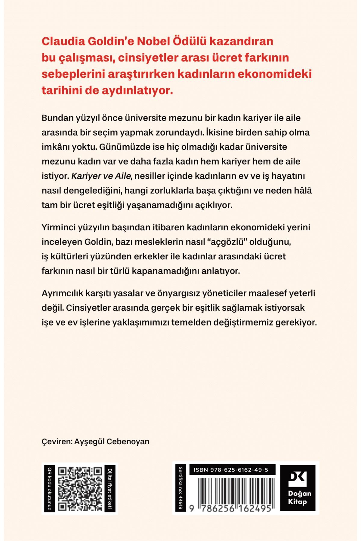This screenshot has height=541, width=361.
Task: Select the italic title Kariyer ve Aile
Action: tap(101, 176)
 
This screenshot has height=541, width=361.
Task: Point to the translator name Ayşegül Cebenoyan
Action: tap(112, 442)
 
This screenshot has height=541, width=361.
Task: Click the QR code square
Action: tap(80, 489)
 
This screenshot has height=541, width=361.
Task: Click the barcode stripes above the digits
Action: tap(231, 489)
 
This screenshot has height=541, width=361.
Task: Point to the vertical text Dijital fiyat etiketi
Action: tap(110, 489)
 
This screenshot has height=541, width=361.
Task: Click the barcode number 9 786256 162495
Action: tap(231, 508)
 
